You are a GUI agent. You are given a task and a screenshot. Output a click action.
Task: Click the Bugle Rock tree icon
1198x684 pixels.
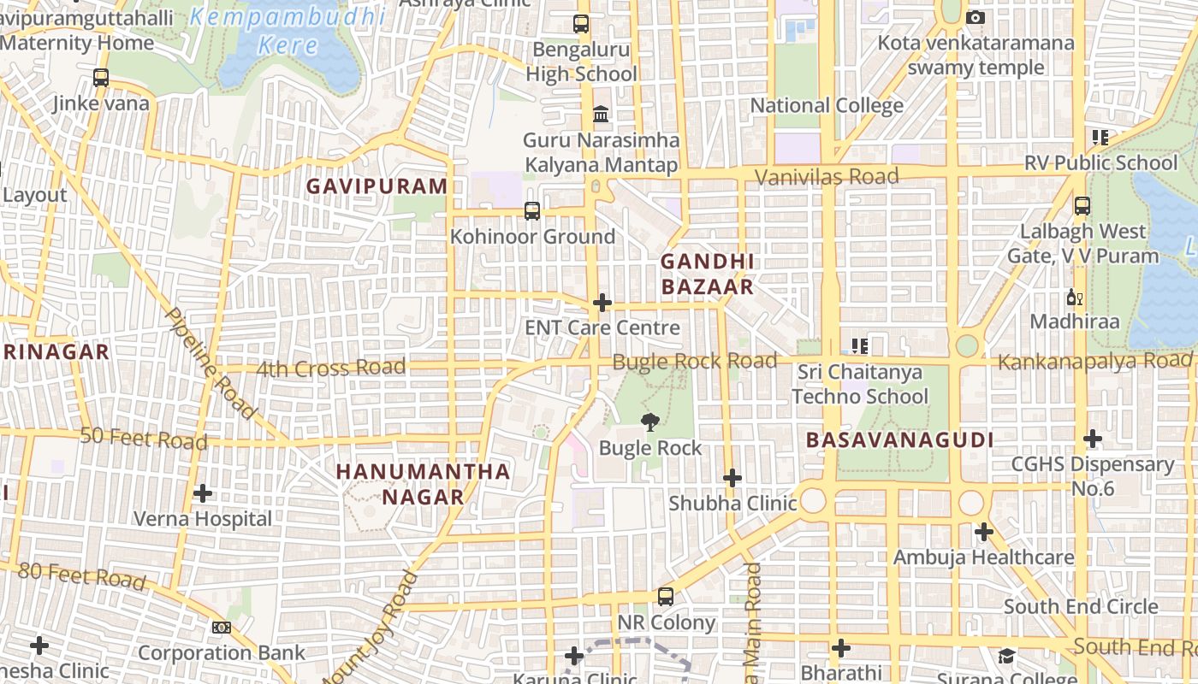tap(650, 421)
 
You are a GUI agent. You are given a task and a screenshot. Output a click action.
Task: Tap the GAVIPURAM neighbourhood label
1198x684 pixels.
tap(377, 186)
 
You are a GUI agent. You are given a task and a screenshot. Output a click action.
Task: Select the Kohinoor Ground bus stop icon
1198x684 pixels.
tap(532, 210)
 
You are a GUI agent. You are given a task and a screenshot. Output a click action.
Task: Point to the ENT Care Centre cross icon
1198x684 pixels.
tap(602, 303)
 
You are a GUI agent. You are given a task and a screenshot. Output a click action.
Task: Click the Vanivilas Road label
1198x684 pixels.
tap(827, 177)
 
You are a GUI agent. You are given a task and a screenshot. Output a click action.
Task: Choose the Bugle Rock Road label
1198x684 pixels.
tap(694, 361)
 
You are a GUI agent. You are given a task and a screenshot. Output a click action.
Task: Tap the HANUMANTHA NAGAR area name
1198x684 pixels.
tap(423, 484)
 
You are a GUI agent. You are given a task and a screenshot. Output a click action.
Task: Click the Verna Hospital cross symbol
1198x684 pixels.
tap(203, 493)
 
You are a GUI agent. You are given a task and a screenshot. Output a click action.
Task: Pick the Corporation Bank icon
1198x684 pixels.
tap(222, 628)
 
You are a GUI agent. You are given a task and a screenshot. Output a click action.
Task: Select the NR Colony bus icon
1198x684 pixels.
tap(666, 597)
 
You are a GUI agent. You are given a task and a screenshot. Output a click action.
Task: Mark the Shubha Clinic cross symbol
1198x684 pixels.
tap(732, 478)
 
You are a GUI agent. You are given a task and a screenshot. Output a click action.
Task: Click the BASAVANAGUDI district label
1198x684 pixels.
tap(899, 440)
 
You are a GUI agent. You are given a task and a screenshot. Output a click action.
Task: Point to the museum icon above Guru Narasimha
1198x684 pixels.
tap(601, 115)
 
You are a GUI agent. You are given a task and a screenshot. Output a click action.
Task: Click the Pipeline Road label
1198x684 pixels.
tap(211, 363)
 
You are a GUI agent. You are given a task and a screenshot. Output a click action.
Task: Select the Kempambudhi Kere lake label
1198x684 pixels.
tap(288, 30)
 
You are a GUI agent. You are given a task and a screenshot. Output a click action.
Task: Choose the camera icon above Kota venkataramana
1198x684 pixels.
tap(976, 17)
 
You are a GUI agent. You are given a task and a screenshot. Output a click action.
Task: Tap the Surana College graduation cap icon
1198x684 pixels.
tap(1006, 656)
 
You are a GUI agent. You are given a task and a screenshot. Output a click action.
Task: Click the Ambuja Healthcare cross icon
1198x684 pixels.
tap(984, 532)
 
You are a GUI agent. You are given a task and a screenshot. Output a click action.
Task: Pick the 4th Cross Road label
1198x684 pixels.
tap(330, 369)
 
